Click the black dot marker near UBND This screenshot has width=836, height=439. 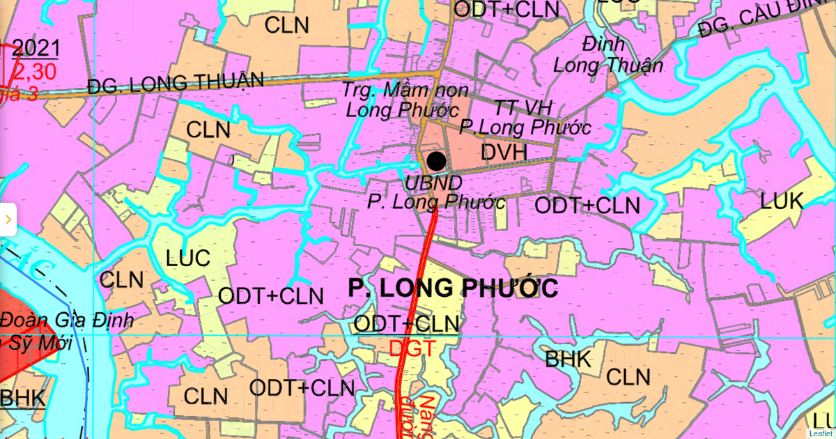(x=436, y=161)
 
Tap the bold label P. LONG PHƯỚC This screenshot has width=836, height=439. (x=453, y=287)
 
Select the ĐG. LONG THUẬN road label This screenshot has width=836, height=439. (x=176, y=82)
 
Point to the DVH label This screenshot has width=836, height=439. (x=504, y=153)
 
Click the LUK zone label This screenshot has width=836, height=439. (x=782, y=201)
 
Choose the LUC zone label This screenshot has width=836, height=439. (x=188, y=258)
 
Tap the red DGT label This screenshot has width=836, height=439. (x=412, y=348)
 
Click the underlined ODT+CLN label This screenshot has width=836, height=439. (x=407, y=323)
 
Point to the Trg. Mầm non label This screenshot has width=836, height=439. (x=405, y=91)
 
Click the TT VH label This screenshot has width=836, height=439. (x=522, y=108)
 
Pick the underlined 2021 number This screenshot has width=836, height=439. (x=36, y=48)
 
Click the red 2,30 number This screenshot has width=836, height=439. (x=35, y=70)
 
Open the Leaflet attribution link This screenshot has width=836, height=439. (x=820, y=433)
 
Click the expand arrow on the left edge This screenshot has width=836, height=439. (x=8, y=219)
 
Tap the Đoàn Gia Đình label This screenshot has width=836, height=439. (x=66, y=322)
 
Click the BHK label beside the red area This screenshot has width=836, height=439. (x=22, y=399)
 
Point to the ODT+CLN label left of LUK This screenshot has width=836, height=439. (x=587, y=206)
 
